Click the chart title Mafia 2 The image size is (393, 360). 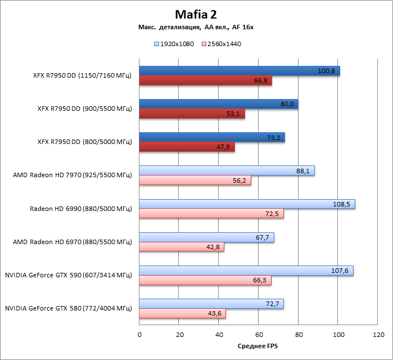coord(196,13)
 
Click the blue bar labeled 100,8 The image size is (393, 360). coord(239,71)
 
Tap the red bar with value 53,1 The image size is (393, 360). coord(192,114)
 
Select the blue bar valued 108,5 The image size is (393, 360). coord(247,204)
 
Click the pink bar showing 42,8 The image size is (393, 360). coord(182,247)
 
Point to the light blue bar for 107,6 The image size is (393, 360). coord(246,271)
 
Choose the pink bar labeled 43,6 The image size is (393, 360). coord(182,313)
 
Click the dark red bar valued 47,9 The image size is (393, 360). coord(187,147)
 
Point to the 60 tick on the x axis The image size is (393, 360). coord(259,334)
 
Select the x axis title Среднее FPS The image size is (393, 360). coord(258,345)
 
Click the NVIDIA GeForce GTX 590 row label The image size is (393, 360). coord(68,276)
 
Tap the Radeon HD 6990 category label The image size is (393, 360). coord(80,209)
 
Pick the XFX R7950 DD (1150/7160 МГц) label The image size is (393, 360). coord(82,76)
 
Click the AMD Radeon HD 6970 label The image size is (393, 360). coord(72,242)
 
